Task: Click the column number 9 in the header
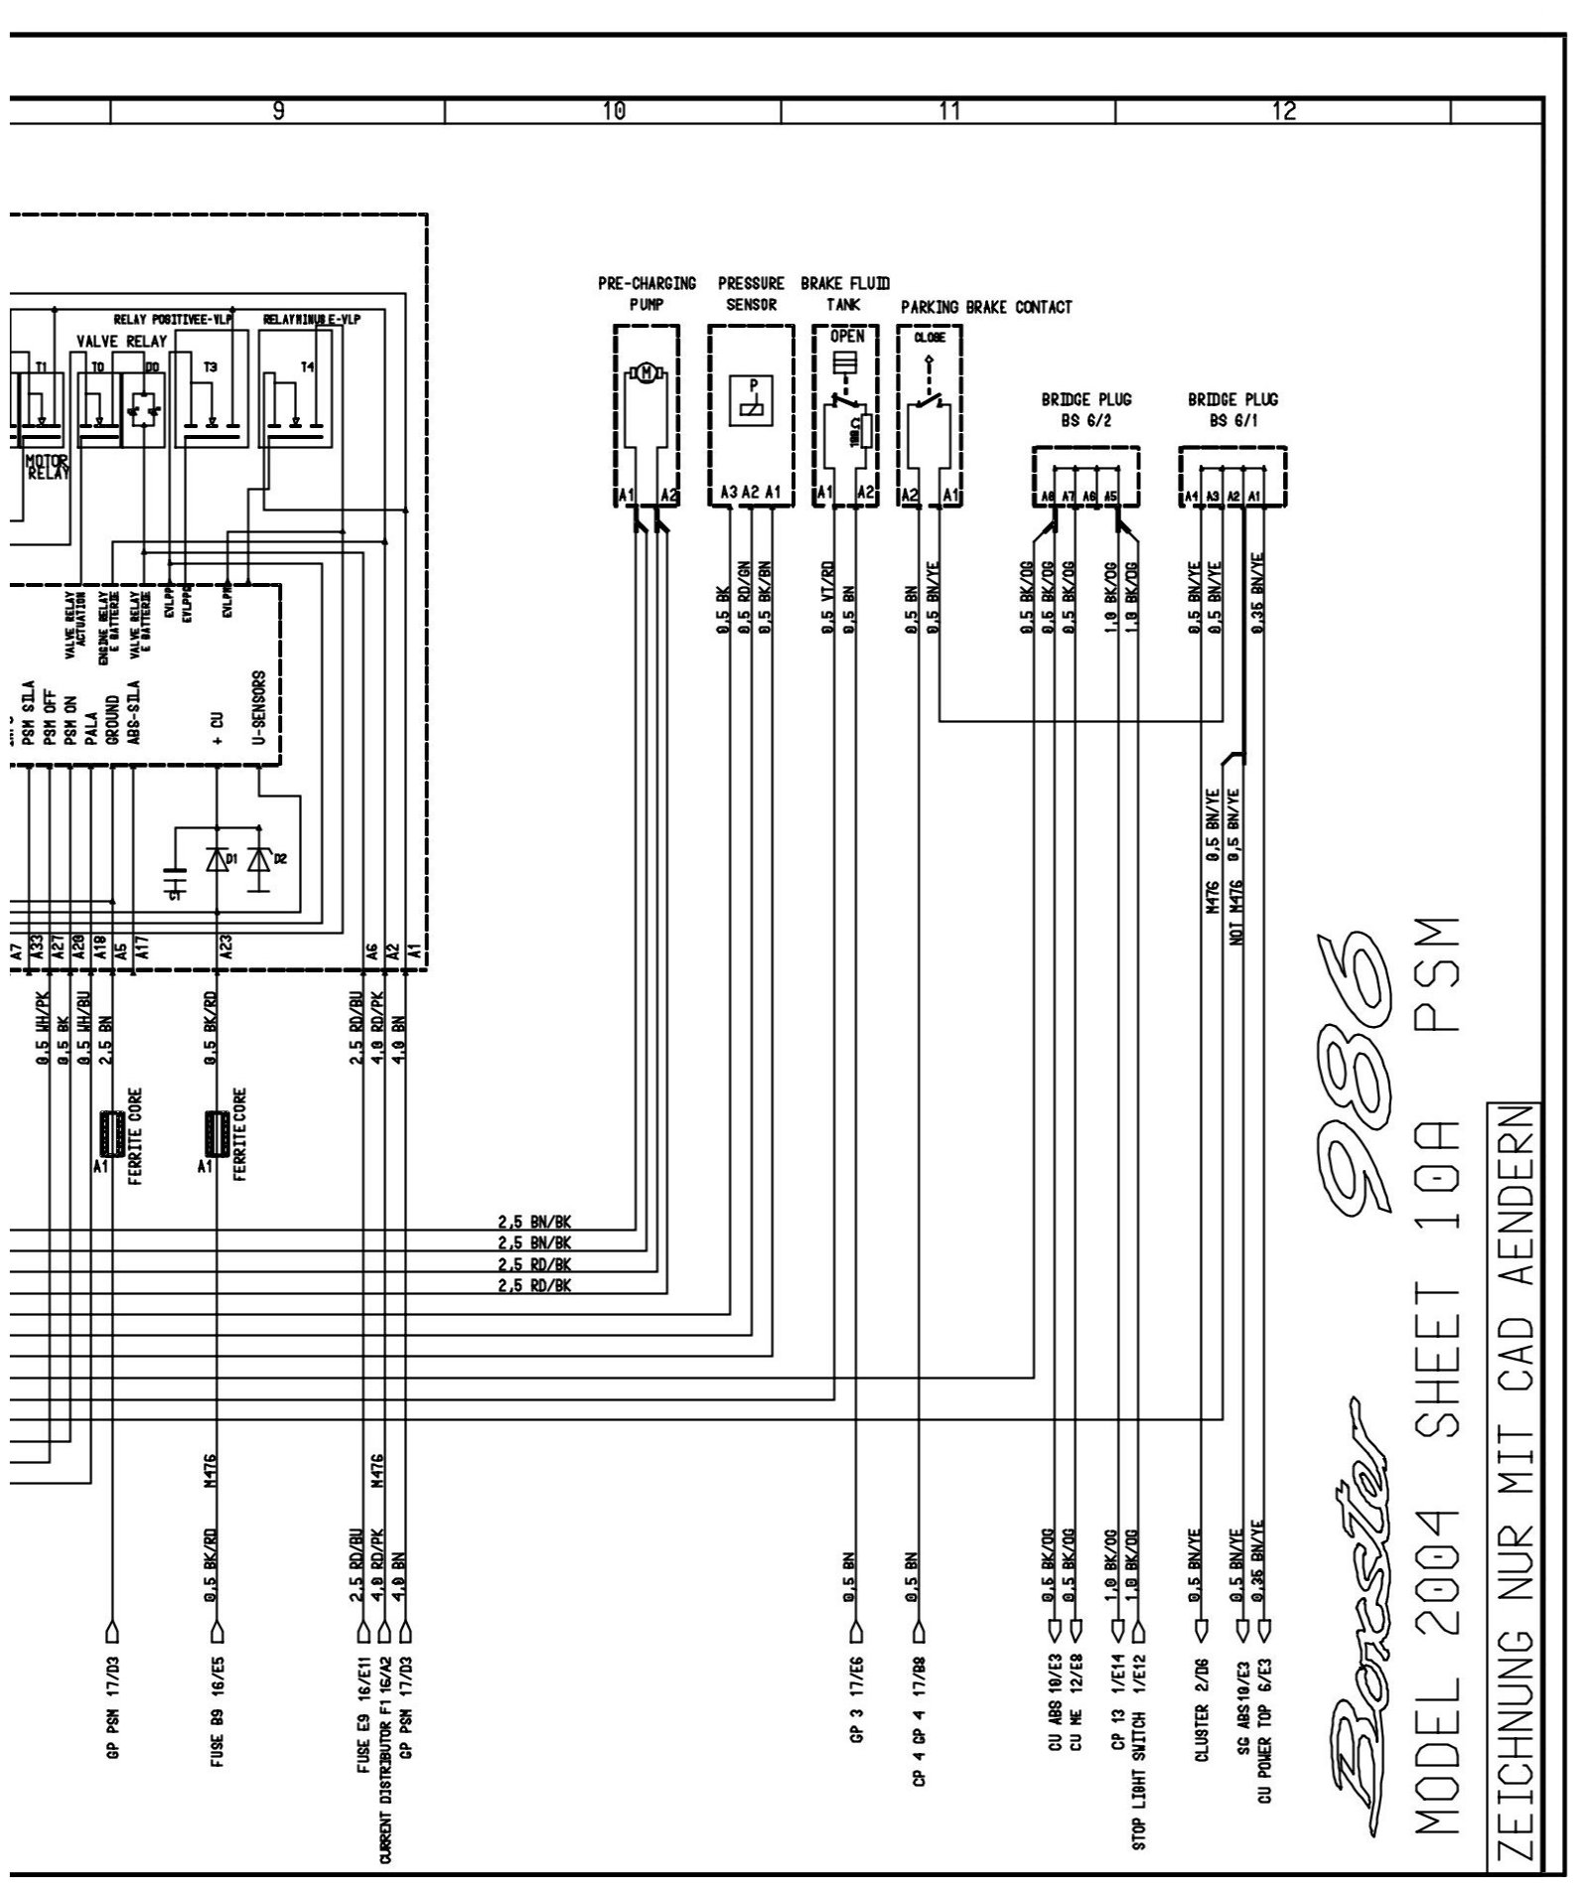[279, 113]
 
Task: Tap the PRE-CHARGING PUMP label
[647, 294]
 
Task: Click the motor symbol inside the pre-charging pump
[647, 373]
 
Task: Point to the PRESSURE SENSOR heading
[751, 294]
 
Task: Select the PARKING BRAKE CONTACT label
[986, 307]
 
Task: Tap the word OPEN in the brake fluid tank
[846, 336]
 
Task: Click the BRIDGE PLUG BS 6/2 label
[1086, 409]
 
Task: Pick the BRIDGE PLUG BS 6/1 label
[1232, 409]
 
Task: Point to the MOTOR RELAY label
[48, 467]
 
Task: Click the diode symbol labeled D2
[259, 860]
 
